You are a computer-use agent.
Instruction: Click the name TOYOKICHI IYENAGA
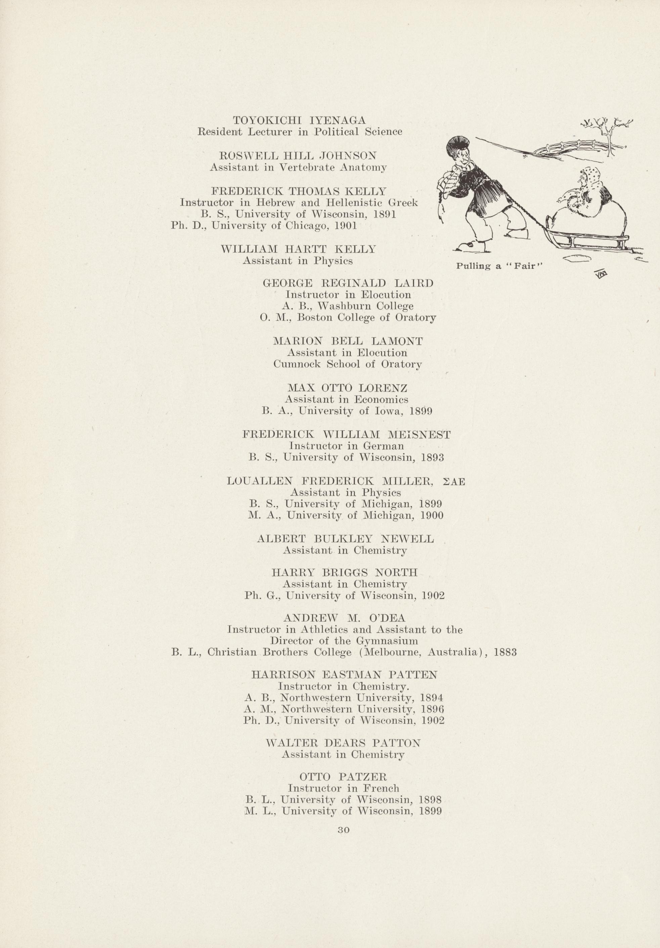point(299,120)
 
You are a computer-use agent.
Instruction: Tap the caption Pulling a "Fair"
point(499,266)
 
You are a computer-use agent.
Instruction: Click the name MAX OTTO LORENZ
point(348,388)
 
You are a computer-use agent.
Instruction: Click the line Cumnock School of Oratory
point(348,364)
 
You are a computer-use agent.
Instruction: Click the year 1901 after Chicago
point(347,226)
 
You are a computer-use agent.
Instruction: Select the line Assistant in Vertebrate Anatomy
point(298,168)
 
